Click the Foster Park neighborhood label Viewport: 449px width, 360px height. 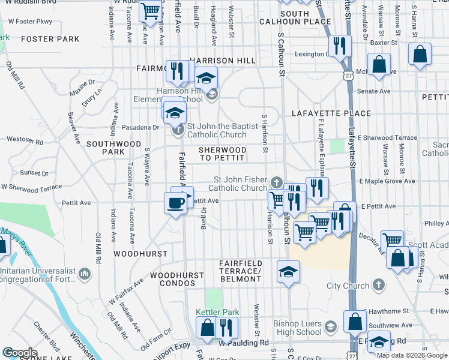[50, 40]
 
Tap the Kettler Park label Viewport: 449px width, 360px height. [217, 312]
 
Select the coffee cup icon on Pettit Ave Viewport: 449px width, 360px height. [175, 203]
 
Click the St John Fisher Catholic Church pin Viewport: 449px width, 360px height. [276, 182]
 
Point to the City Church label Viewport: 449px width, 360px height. [344, 284]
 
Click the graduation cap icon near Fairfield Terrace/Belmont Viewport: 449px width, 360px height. [288, 272]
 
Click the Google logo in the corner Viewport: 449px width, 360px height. [20, 352]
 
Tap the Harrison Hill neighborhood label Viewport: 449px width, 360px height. [223, 61]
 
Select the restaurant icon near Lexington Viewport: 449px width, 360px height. [340, 46]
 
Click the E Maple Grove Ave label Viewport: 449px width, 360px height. [387, 181]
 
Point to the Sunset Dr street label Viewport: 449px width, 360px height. [34, 173]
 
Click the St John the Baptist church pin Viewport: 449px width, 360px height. [177, 130]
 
